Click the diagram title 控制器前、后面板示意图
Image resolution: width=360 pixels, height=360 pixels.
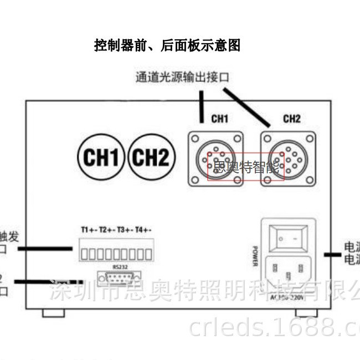click(x=167, y=46)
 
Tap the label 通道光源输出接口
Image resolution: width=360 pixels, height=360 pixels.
click(x=182, y=76)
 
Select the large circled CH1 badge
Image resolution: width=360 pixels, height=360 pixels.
click(x=100, y=158)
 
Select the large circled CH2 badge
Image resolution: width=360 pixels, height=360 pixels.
click(x=151, y=158)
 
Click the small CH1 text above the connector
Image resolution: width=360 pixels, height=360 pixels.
click(x=220, y=119)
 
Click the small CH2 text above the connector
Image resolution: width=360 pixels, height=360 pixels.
click(x=291, y=119)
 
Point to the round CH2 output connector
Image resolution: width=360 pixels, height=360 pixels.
click(x=288, y=159)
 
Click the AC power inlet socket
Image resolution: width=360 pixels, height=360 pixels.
click(x=288, y=271)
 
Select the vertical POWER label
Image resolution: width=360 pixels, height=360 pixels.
click(x=255, y=256)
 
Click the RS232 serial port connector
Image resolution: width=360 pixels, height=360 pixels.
click(x=119, y=277)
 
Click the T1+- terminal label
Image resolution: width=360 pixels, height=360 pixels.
click(x=89, y=229)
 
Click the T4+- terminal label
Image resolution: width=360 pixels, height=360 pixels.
click(x=143, y=229)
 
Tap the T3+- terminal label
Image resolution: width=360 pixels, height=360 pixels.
click(x=125, y=229)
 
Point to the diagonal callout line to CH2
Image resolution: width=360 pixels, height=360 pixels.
click(x=246, y=106)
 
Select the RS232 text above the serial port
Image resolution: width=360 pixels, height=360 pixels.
click(x=119, y=267)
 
